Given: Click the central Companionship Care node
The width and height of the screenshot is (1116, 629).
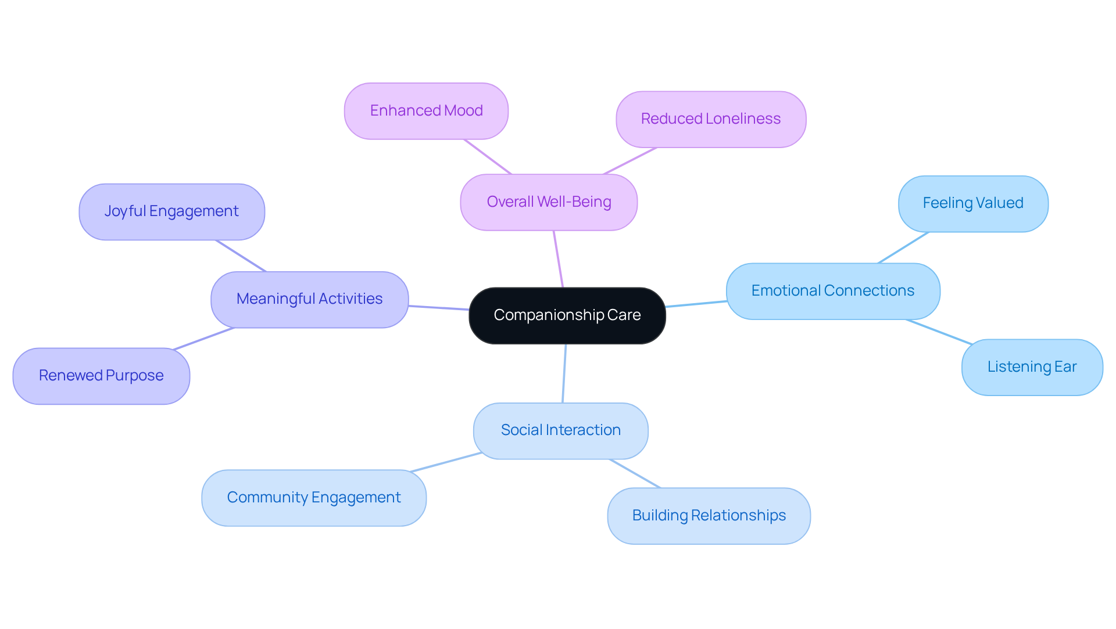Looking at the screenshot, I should (x=567, y=315).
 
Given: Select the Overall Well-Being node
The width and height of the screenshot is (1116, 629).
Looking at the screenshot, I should (x=549, y=202).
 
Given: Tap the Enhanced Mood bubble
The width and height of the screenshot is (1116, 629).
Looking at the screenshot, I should (x=426, y=111).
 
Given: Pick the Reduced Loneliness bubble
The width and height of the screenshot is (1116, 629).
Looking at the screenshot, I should (x=710, y=119).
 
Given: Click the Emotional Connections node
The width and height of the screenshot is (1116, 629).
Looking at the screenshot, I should (x=832, y=291).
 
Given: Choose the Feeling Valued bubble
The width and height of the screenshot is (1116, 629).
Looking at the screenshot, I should (x=972, y=203).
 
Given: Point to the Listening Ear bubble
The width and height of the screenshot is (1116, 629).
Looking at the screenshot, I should (x=1032, y=367).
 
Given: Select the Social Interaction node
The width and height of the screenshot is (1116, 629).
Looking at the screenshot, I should (x=560, y=430).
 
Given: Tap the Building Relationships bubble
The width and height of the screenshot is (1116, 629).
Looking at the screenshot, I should (x=709, y=516).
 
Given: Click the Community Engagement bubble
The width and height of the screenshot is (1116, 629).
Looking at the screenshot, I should (x=313, y=498).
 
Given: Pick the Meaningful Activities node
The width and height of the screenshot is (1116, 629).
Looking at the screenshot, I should (x=309, y=299).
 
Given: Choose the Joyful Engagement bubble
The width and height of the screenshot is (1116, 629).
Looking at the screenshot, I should (x=171, y=211).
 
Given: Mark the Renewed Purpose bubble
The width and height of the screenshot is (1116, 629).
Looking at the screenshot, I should (x=101, y=376).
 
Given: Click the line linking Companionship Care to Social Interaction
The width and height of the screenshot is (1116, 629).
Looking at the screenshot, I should (x=564, y=373).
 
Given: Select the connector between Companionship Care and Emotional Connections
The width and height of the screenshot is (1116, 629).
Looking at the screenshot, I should (x=696, y=304).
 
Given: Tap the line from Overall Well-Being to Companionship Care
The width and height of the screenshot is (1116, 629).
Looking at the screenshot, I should (x=558, y=259).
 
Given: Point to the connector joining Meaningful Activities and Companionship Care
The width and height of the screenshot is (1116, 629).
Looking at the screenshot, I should (x=439, y=308).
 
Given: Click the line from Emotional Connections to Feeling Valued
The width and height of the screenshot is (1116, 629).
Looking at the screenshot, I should (x=903, y=248).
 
